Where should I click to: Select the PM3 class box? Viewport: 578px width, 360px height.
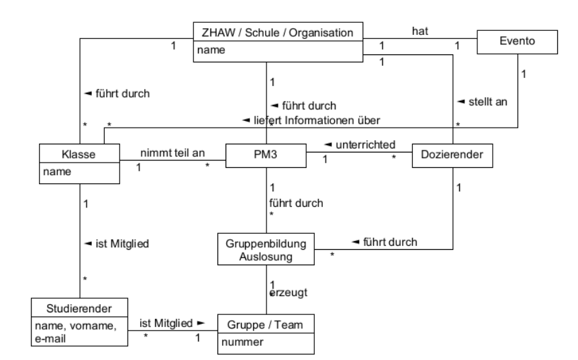pos(266,155)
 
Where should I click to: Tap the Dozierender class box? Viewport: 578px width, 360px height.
pos(452,155)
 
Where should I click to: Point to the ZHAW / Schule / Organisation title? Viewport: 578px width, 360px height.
pos(278,32)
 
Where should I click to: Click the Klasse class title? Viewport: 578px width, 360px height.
pos(79,154)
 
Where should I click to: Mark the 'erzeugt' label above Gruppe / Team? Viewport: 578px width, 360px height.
pos(287,294)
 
